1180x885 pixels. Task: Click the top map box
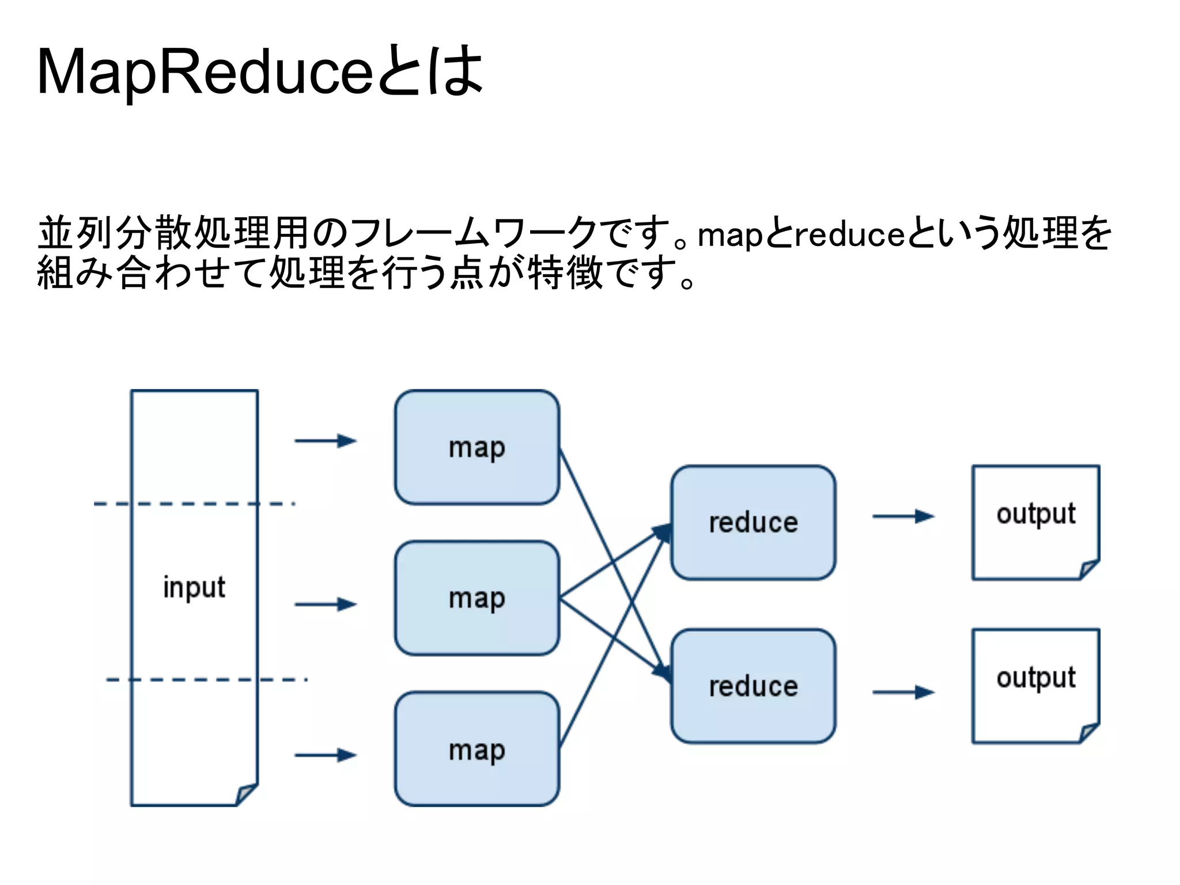476,447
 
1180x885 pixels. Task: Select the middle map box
476,597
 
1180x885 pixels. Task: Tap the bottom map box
476,749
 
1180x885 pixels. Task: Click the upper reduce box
752,522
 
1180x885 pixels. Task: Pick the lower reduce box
752,686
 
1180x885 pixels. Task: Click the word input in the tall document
194,588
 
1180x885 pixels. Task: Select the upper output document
1035,521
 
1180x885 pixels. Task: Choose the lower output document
1035,686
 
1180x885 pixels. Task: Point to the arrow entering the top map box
326,441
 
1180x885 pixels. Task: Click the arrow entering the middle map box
326,604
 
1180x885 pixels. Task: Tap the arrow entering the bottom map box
326,755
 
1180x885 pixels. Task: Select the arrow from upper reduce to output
903,516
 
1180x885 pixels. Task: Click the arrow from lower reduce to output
903,692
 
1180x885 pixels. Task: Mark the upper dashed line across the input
194,504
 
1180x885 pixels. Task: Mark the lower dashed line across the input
206,680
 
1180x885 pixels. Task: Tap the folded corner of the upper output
1088,569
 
